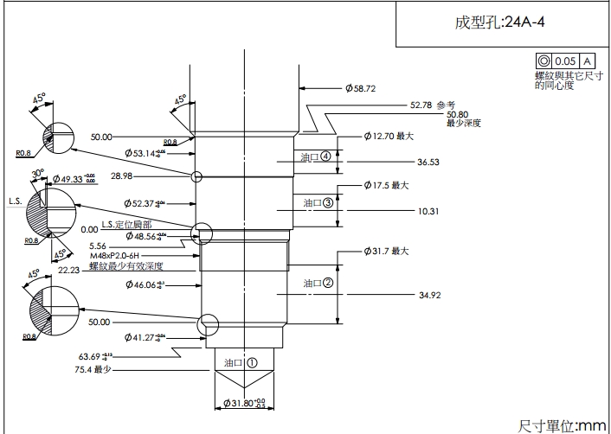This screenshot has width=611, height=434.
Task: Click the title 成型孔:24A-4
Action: coord(499,22)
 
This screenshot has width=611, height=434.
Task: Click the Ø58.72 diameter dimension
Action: coord(360,88)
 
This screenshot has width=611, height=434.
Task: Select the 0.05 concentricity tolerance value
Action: coord(565,61)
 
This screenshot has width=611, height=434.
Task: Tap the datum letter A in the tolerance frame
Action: coord(587,61)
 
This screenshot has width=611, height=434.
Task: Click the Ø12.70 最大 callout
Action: coord(389,137)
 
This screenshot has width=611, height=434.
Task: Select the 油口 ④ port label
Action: coord(315,157)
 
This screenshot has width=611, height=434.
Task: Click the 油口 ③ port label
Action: coord(318,202)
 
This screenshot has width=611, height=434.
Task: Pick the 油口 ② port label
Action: coord(318,283)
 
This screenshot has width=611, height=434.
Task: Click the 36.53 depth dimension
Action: coord(428,162)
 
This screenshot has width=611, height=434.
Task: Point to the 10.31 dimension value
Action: coord(428,211)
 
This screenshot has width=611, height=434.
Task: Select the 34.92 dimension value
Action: coord(429,295)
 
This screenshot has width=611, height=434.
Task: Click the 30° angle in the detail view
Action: coord(37,173)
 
